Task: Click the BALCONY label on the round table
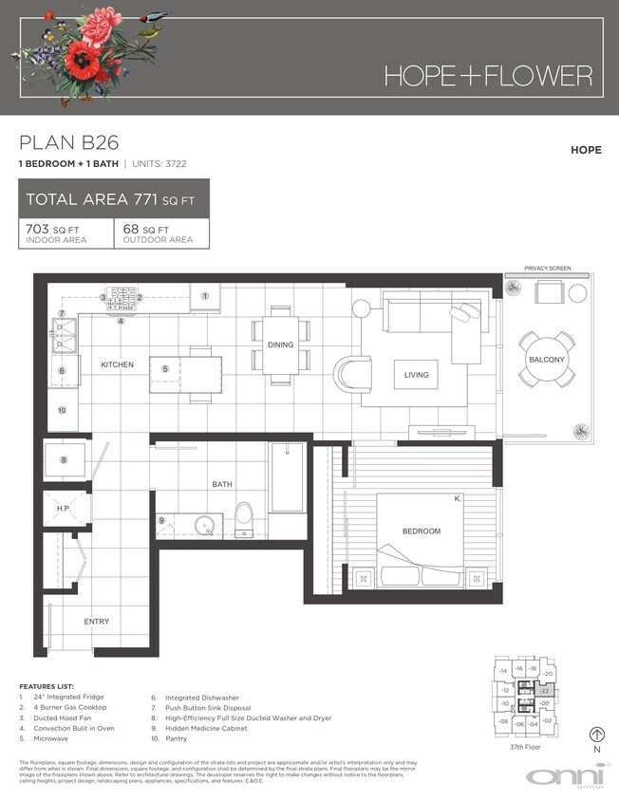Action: tap(546, 360)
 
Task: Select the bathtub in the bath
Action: tap(286, 475)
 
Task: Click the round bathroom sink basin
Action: tap(200, 525)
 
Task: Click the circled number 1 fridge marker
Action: tap(204, 296)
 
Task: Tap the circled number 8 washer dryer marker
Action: tap(65, 460)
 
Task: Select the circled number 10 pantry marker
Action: tap(62, 411)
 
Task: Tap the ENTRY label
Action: tap(96, 622)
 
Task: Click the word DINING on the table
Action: tap(280, 345)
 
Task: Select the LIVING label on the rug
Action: tap(416, 375)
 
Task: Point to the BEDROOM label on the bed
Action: tap(421, 531)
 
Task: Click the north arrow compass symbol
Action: tap(596, 733)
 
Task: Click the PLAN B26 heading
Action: tap(68, 143)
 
